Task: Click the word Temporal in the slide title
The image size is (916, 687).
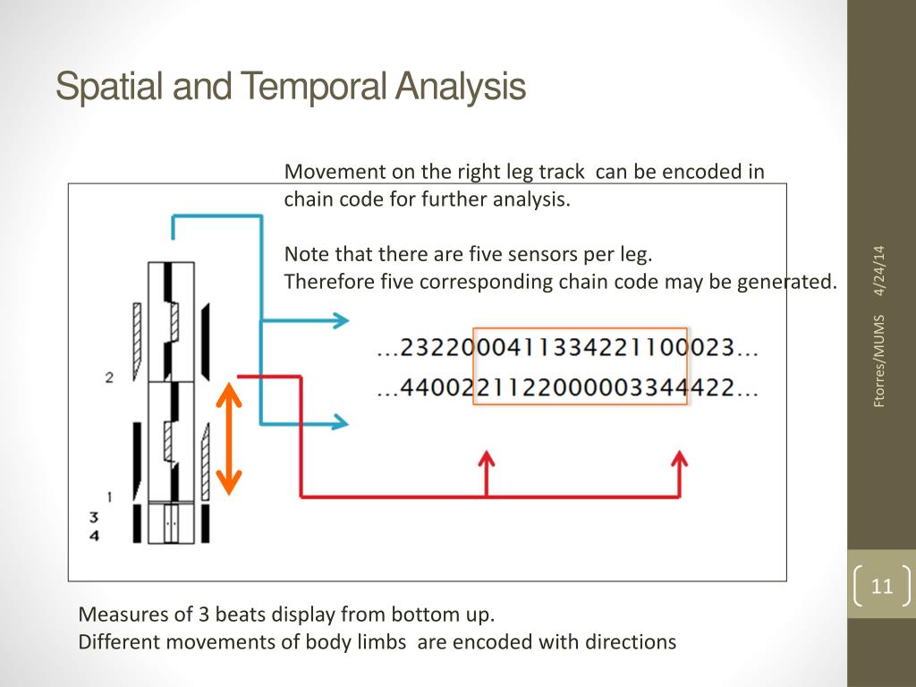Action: (x=315, y=88)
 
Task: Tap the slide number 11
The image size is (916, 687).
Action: (x=882, y=587)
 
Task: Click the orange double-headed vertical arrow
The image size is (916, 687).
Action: (x=230, y=437)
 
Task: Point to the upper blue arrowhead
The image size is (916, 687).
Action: (x=341, y=320)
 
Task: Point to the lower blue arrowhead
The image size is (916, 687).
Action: (x=341, y=422)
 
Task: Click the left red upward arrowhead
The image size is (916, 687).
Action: (x=486, y=460)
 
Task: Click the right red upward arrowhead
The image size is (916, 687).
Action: (x=679, y=460)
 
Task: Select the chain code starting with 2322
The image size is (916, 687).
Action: (x=568, y=349)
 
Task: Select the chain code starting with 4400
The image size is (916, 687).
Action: (x=568, y=389)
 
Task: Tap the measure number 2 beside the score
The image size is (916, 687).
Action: (x=109, y=377)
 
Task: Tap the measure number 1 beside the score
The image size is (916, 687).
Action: (x=109, y=496)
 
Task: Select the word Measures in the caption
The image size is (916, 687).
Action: (x=116, y=615)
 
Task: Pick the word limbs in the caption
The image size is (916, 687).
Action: (x=386, y=641)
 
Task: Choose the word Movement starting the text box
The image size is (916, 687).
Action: (x=327, y=172)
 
